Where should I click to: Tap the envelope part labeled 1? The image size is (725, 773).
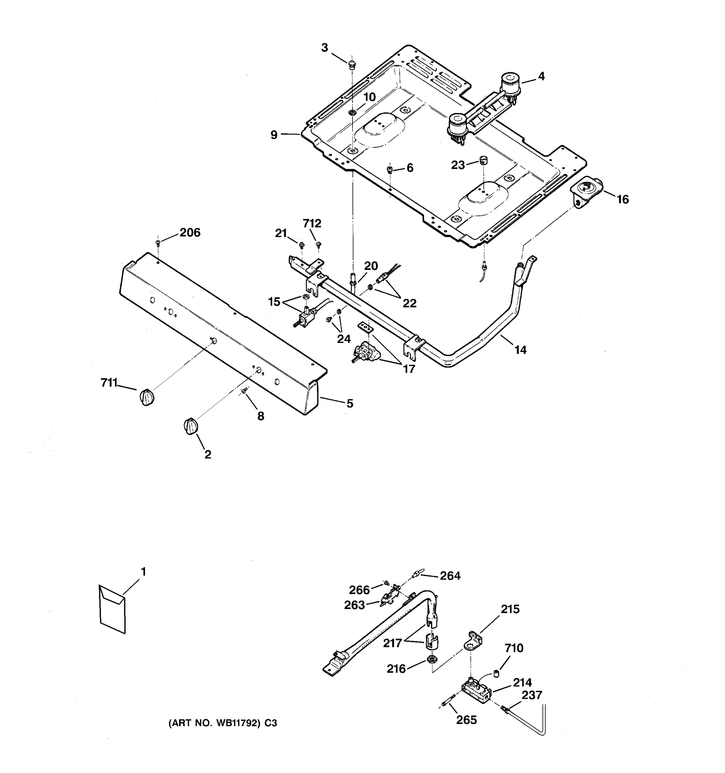click(112, 609)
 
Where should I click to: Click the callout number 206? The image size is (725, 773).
click(190, 233)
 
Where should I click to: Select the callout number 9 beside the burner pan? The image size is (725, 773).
click(274, 135)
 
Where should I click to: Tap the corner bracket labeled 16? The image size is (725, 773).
click(585, 193)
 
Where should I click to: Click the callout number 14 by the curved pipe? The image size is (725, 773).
click(520, 350)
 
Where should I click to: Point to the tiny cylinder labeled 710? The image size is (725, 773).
click(496, 673)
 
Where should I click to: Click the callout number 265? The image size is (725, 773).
click(466, 720)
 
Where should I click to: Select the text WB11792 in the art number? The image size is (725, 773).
click(237, 723)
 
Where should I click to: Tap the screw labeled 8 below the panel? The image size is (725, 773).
click(244, 390)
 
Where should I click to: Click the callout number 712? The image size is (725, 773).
click(312, 224)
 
